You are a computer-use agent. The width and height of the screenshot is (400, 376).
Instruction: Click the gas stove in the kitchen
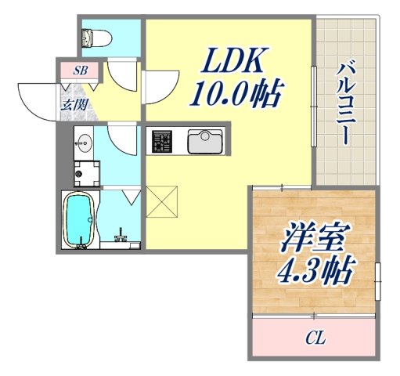pos(162,142)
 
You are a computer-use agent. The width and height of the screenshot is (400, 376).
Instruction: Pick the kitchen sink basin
pos(205,142)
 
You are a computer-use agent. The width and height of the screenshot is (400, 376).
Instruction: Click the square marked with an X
pos(163,201)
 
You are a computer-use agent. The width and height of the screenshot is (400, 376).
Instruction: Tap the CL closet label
pos(315,339)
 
